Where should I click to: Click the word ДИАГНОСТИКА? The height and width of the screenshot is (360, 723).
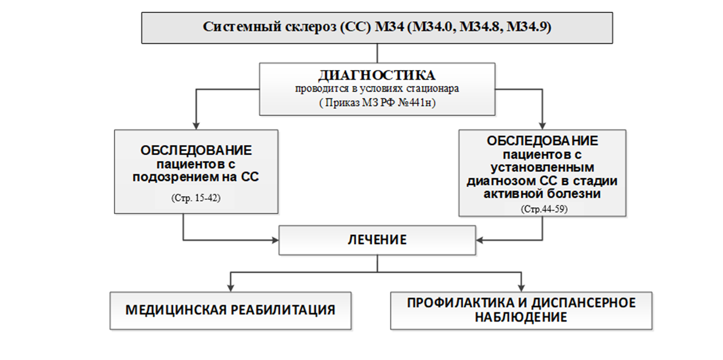click(x=377, y=76)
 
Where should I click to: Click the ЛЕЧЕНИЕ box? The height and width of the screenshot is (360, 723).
click(x=377, y=239)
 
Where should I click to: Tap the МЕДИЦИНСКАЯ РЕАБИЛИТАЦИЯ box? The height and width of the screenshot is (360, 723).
click(x=230, y=310)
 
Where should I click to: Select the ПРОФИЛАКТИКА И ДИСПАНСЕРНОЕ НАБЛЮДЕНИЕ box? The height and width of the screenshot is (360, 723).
click(x=521, y=309)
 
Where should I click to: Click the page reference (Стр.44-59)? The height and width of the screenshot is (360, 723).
click(x=542, y=209)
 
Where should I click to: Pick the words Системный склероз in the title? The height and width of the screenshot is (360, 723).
click(x=269, y=27)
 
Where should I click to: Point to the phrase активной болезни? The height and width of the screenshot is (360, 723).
click(x=542, y=195)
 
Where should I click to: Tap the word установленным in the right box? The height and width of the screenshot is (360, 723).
click(x=542, y=167)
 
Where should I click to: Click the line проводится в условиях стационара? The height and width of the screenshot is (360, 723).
click(x=377, y=89)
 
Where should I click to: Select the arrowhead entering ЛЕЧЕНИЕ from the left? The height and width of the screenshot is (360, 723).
click(x=275, y=239)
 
